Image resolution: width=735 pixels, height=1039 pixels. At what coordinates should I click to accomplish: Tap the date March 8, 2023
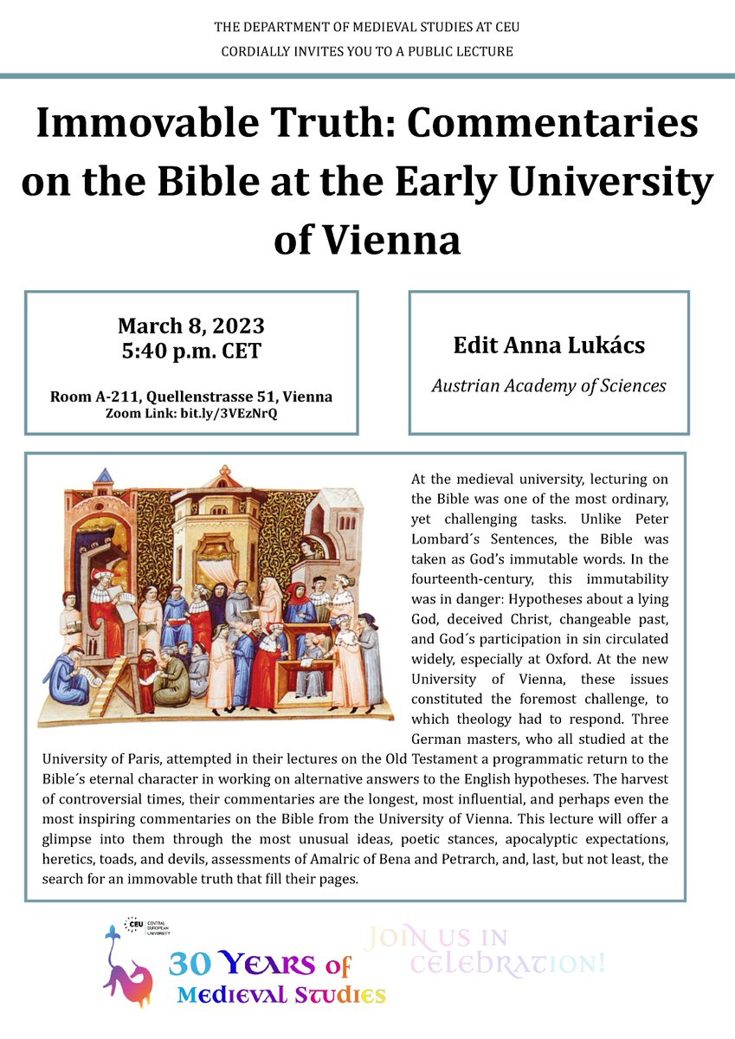[191, 326]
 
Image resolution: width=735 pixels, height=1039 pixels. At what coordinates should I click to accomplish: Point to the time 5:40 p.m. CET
[191, 352]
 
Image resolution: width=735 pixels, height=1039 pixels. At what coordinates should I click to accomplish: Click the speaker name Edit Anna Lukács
[549, 345]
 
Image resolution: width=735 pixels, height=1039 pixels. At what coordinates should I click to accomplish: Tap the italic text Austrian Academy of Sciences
[549, 385]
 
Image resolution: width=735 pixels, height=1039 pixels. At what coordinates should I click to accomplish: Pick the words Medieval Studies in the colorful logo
[281, 996]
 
